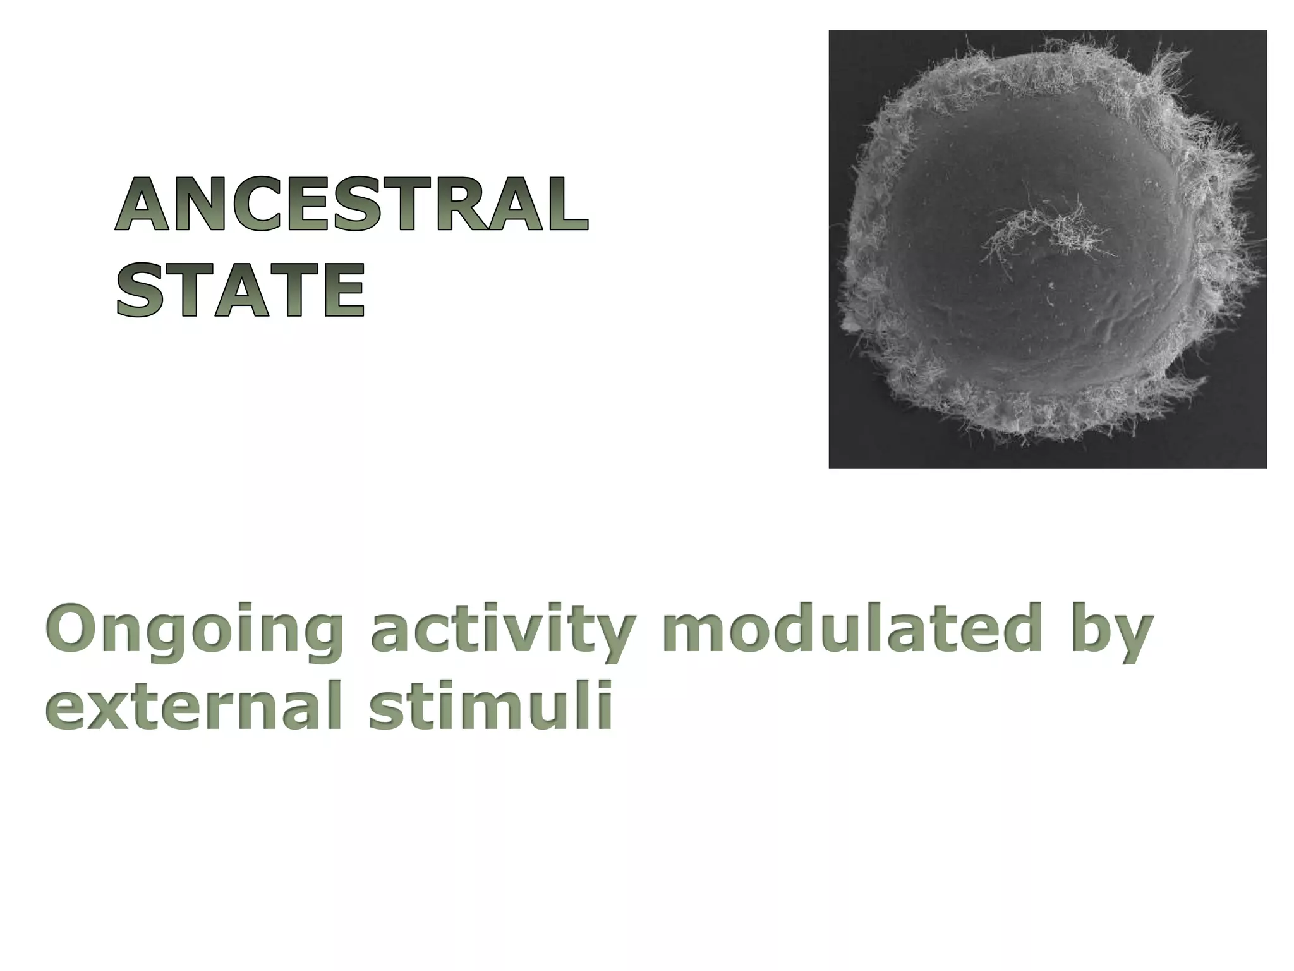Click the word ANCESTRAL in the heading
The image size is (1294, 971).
(x=351, y=205)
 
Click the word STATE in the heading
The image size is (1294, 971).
(x=240, y=291)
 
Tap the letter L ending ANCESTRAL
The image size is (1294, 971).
(x=565, y=205)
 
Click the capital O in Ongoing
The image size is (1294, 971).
(x=73, y=630)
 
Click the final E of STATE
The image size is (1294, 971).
(x=344, y=291)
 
